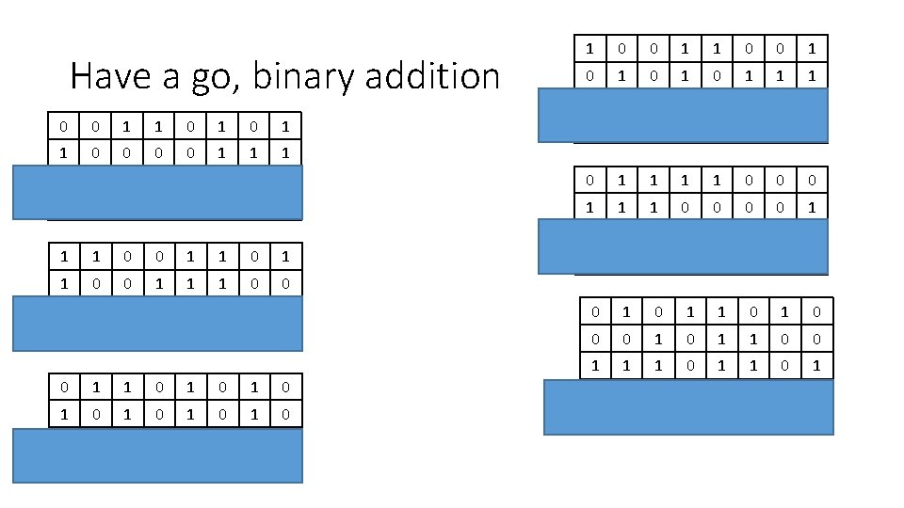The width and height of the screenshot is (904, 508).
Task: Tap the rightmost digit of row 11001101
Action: [x=284, y=256]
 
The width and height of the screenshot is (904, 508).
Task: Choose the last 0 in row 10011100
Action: [x=284, y=282]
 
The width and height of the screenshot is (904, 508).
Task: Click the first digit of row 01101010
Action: [x=63, y=388]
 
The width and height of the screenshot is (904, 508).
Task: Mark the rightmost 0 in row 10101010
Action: [x=284, y=414]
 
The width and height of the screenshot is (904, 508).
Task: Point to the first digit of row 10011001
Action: [x=590, y=47]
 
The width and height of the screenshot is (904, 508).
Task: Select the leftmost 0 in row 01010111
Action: [x=590, y=73]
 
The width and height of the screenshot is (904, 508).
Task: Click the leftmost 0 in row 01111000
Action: [x=590, y=179]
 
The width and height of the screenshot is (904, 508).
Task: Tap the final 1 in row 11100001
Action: [x=812, y=205]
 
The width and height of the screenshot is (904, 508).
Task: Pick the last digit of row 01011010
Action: [x=816, y=311]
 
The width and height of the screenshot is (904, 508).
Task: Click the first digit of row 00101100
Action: [x=595, y=338]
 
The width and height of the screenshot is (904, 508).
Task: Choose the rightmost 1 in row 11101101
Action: [x=816, y=364]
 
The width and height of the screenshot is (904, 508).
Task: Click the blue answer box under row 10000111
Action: [x=157, y=193]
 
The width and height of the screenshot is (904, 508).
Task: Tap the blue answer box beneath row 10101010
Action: [x=157, y=455]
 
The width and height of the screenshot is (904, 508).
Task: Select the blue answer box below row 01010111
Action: [x=683, y=115]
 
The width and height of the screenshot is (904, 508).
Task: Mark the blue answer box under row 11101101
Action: [x=689, y=406]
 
